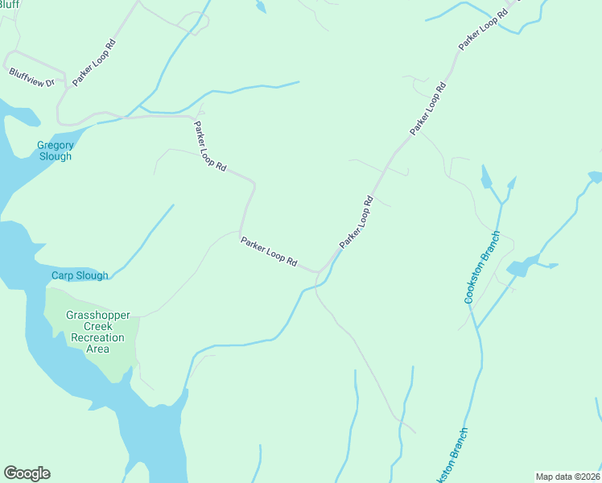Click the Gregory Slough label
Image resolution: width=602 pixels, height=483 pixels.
tap(55, 151)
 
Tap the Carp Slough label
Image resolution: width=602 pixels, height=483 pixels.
tap(80, 275)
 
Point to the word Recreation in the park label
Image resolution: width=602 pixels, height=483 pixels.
tap(97, 337)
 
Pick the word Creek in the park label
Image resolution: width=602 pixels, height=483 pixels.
tap(97, 326)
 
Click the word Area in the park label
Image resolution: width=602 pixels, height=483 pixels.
tap(97, 349)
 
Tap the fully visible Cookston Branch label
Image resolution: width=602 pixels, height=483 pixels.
tap(482, 267)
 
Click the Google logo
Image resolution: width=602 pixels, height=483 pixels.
tap(27, 473)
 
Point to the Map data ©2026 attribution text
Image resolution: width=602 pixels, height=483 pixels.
tap(567, 476)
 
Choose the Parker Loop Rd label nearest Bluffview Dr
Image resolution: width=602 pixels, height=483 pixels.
tap(94, 60)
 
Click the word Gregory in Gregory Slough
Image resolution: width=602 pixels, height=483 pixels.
tap(55, 146)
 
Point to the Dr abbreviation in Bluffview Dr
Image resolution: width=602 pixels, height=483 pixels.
tap(49, 82)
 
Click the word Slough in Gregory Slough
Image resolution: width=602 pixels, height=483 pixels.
tap(55, 156)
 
